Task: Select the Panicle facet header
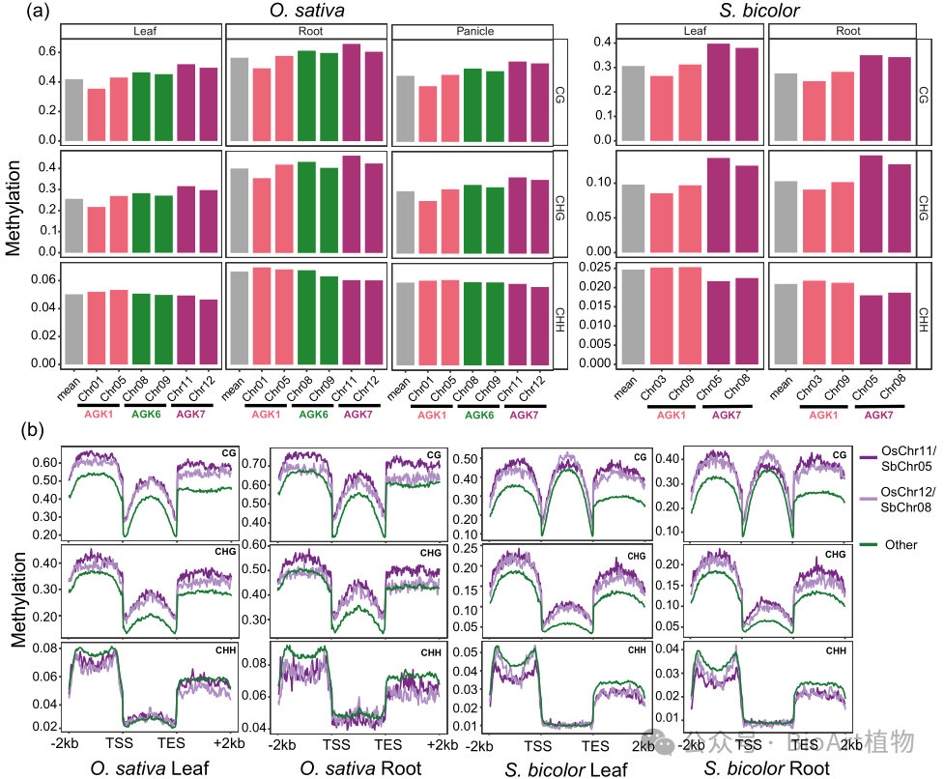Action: click(472, 31)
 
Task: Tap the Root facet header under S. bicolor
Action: click(848, 31)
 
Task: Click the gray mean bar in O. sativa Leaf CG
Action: click(74, 110)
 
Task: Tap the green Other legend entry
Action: click(899, 544)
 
